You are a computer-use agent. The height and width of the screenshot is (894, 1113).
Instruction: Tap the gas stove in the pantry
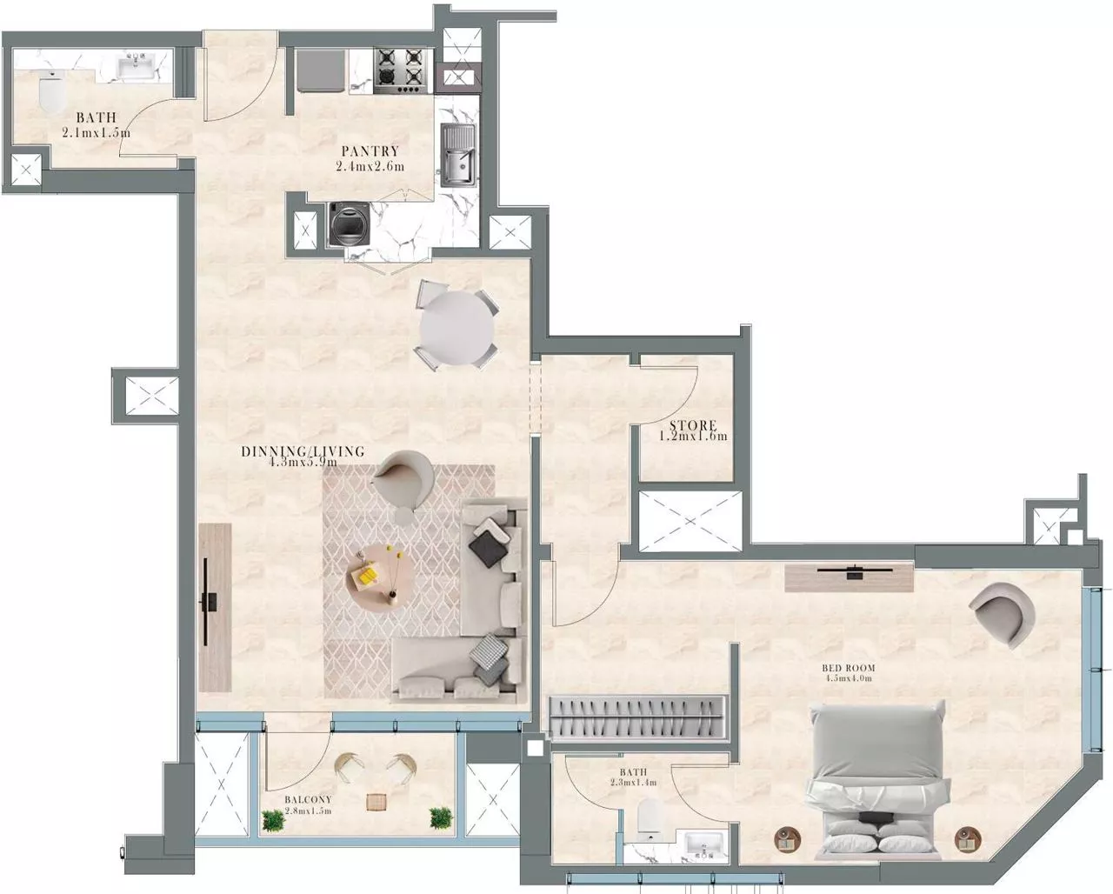click(x=403, y=70)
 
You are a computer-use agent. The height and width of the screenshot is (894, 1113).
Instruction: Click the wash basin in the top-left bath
click(x=137, y=67)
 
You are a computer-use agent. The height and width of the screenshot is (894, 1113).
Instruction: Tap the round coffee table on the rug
click(x=378, y=574)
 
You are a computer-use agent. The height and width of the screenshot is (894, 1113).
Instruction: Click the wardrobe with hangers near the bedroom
click(x=639, y=717)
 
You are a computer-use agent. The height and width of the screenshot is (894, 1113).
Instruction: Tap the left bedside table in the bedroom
click(x=787, y=837)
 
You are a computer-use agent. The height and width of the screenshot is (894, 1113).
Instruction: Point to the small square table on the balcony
click(x=376, y=801)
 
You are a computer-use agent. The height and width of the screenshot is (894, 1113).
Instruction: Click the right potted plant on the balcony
click(x=441, y=817)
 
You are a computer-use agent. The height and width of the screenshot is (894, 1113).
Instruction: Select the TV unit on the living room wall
click(x=214, y=606)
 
